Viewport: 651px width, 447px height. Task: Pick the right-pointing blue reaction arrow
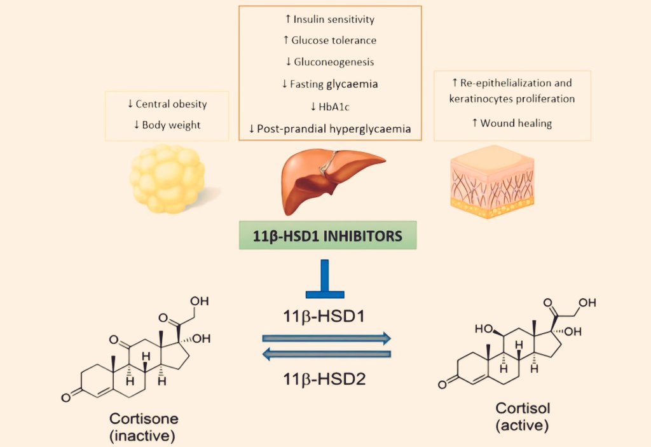[326, 338]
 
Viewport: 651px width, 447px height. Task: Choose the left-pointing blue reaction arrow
[326, 354]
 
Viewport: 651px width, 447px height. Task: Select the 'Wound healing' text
[516, 123]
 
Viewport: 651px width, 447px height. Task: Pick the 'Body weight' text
[171, 125]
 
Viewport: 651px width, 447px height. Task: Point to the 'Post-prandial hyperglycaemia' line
[334, 129]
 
